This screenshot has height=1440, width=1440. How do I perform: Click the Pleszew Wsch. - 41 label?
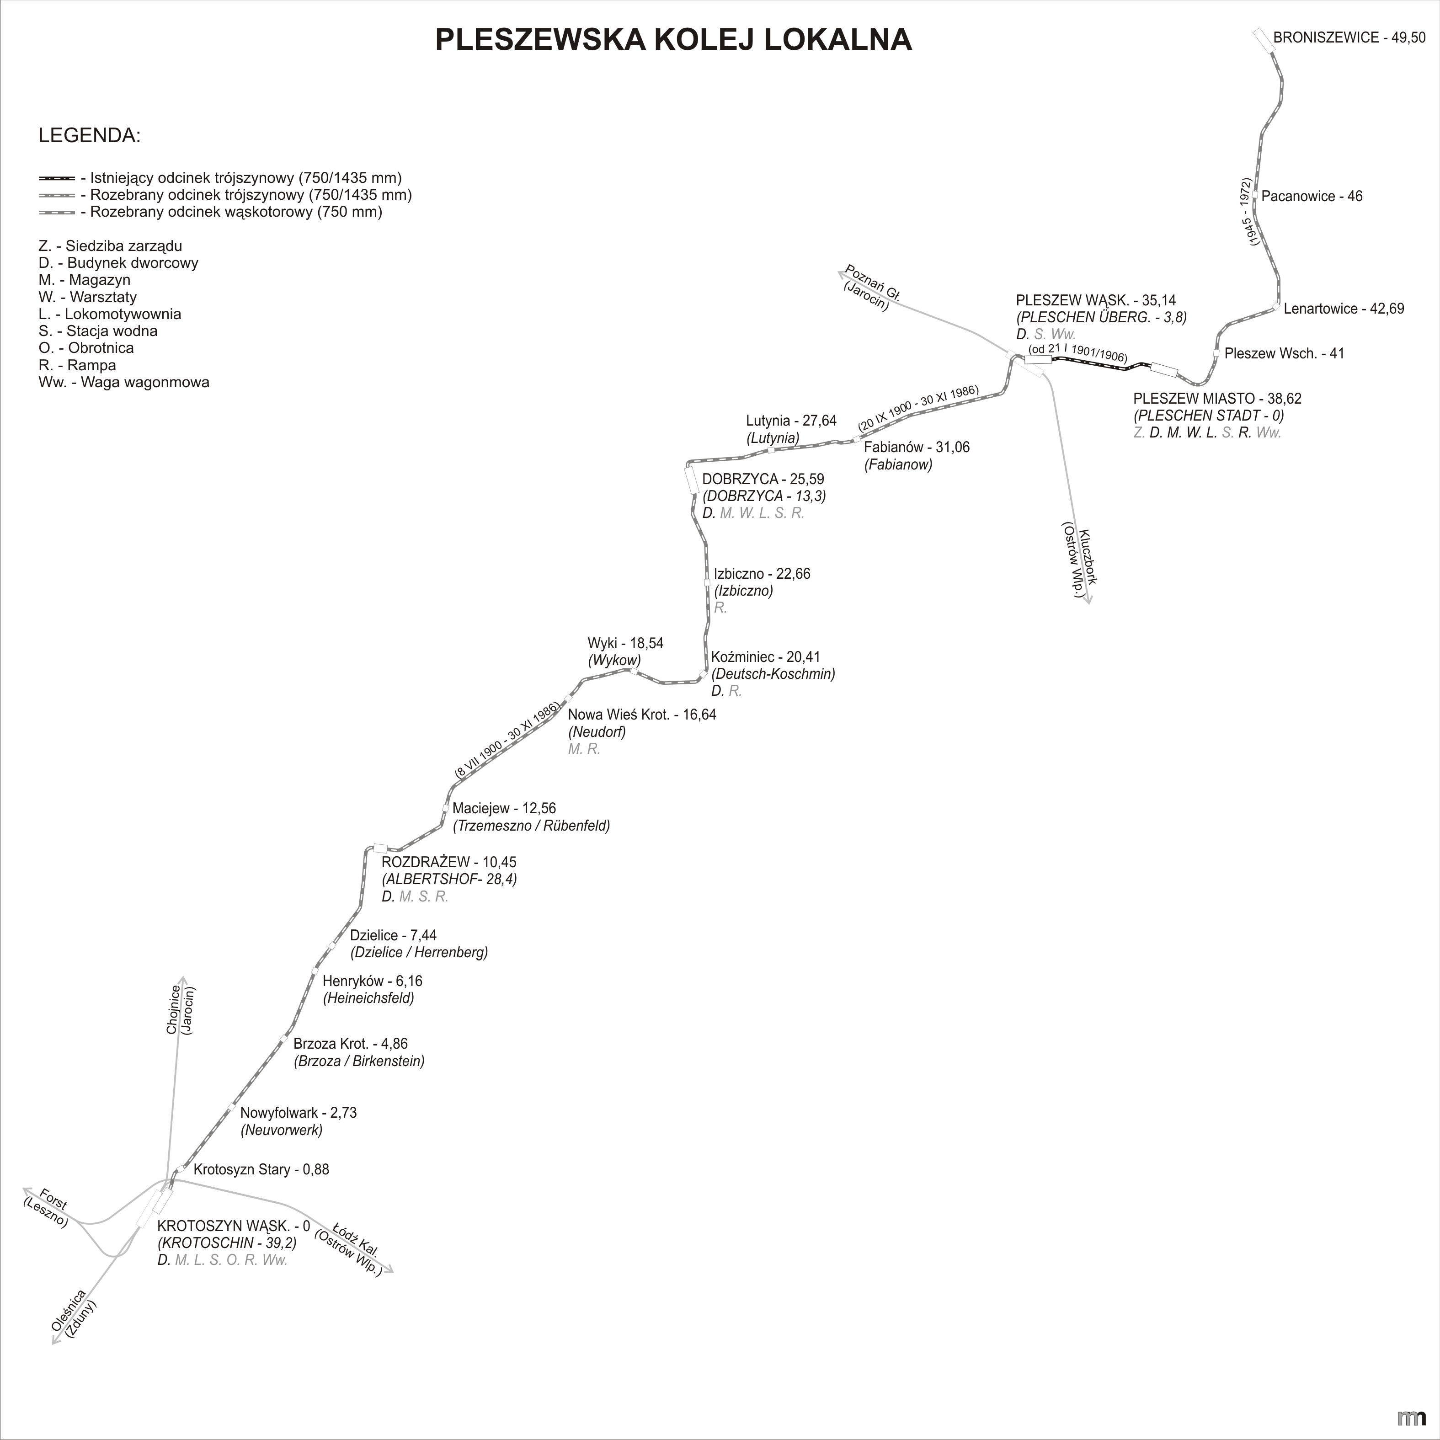[x=1284, y=353]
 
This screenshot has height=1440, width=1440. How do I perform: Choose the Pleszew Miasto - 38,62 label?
[x=1217, y=399]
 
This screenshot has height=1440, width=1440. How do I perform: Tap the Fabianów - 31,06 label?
[x=917, y=447]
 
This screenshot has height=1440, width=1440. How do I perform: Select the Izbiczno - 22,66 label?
[x=762, y=574]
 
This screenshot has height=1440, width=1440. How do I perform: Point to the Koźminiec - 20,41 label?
[x=765, y=656]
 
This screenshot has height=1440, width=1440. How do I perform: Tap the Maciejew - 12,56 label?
[x=504, y=808]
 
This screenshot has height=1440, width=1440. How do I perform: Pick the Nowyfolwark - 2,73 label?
[x=298, y=1113]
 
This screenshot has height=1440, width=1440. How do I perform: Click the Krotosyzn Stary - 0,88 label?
[x=261, y=1169]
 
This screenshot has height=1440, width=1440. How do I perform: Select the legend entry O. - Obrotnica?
[x=86, y=348]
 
